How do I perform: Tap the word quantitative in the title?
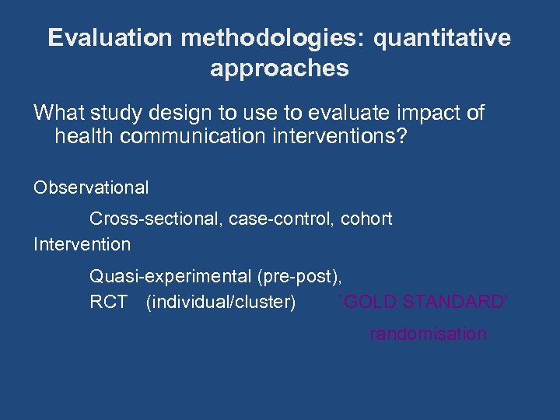click(443, 39)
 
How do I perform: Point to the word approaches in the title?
click(279, 68)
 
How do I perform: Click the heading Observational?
click(91, 187)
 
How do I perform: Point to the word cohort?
click(367, 219)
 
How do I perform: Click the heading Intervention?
click(82, 244)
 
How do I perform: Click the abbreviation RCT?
click(108, 302)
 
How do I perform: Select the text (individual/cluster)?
click(221, 302)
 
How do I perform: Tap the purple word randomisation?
click(428, 334)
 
